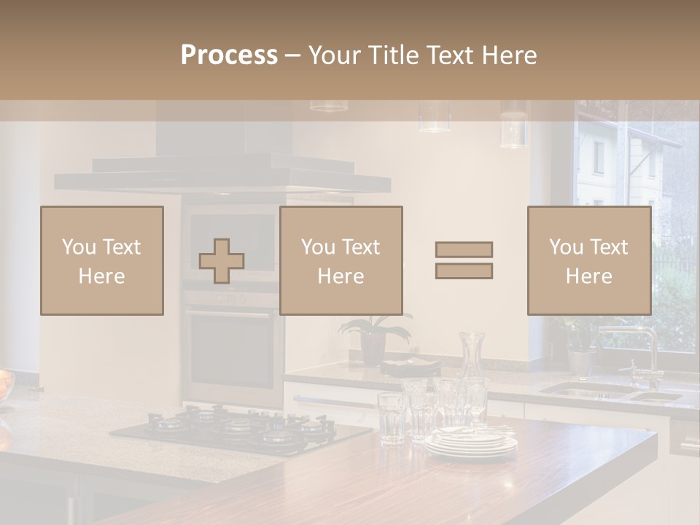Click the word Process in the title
pyautogui.click(x=229, y=55)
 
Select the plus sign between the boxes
pyautogui.click(x=222, y=260)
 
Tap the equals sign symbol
pyautogui.click(x=464, y=260)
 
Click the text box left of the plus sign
pyautogui.click(x=102, y=260)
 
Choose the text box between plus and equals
pyautogui.click(x=341, y=260)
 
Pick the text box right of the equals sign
pyautogui.click(x=588, y=260)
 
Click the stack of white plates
pyautogui.click(x=471, y=442)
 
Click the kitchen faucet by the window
pyautogui.click(x=642, y=350)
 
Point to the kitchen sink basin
pyautogui.click(x=591, y=391)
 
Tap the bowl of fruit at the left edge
pyautogui.click(x=5, y=384)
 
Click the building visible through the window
pyautogui.click(x=620, y=168)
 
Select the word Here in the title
pyautogui.click(x=509, y=55)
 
